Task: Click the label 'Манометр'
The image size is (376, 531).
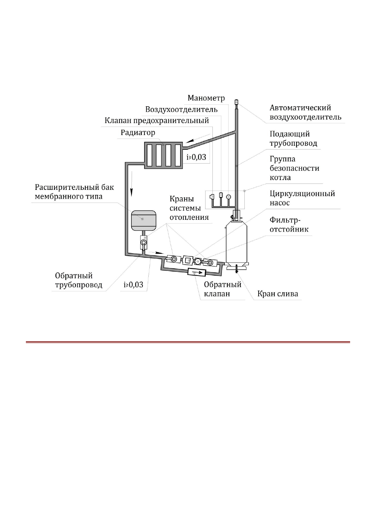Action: click(x=206, y=98)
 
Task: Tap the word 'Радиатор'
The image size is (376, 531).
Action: click(x=138, y=132)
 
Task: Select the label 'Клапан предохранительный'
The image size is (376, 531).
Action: click(x=157, y=120)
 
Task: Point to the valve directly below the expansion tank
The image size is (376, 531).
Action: click(x=144, y=242)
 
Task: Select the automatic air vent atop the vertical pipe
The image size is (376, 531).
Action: click(x=236, y=102)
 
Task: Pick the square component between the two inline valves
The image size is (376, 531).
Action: click(x=188, y=260)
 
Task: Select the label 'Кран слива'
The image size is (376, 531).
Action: click(x=278, y=294)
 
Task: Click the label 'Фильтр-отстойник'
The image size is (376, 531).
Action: click(x=289, y=225)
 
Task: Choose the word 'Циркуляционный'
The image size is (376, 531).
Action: click(x=302, y=193)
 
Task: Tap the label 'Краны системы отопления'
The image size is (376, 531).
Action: click(x=189, y=208)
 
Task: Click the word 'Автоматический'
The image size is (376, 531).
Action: click(x=300, y=108)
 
